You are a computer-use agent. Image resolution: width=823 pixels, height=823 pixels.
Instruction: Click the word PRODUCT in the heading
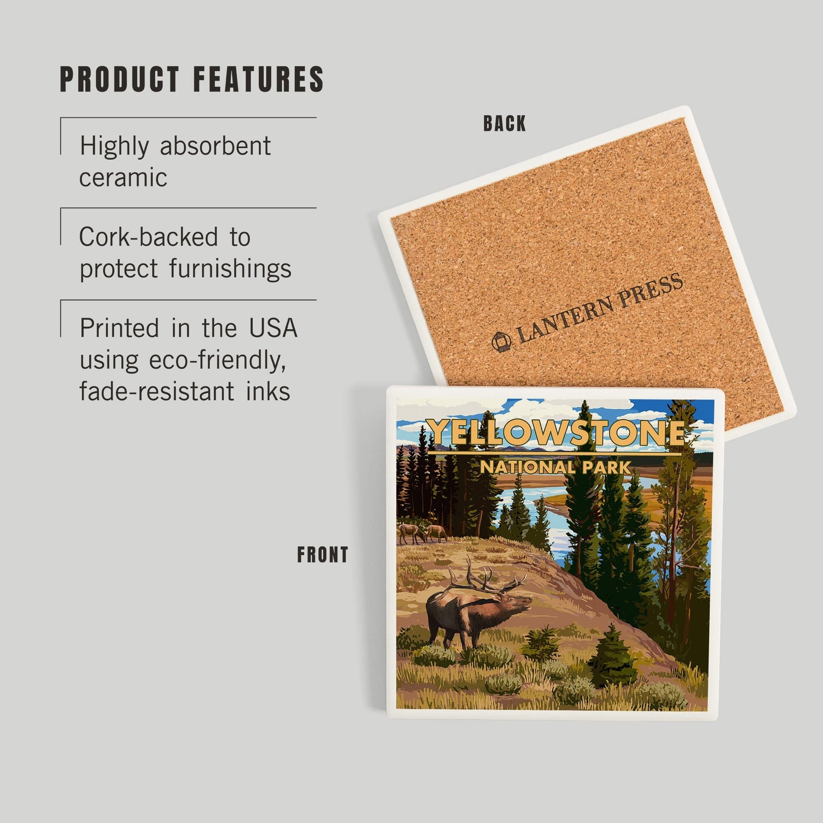click(x=120, y=80)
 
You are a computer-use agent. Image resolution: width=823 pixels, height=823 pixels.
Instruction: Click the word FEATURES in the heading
click(x=259, y=80)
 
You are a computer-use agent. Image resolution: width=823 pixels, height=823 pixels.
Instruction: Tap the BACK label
click(x=505, y=123)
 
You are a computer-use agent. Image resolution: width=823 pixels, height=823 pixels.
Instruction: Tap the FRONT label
click(x=323, y=555)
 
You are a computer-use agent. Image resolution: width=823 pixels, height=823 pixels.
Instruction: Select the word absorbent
click(x=215, y=146)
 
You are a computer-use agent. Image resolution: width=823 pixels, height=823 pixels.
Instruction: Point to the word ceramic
click(x=123, y=178)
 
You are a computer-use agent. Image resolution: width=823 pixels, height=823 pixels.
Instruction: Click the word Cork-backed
click(x=149, y=237)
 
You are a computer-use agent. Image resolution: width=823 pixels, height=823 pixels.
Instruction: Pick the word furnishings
click(x=230, y=268)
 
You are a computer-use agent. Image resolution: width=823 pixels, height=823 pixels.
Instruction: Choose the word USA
click(x=273, y=328)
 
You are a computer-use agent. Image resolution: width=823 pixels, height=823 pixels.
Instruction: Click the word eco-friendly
click(x=218, y=360)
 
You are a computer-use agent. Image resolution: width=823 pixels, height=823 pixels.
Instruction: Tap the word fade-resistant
click(x=156, y=391)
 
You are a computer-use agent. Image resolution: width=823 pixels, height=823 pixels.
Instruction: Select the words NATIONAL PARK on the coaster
click(x=555, y=467)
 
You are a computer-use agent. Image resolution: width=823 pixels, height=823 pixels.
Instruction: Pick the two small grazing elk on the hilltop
click(x=423, y=533)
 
